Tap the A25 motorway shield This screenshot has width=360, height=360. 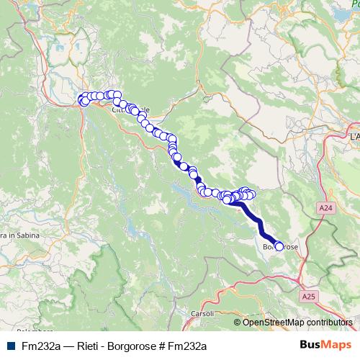[x=309, y=296]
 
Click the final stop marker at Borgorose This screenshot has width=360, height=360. [x=279, y=247]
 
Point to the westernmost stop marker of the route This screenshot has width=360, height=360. [x=81, y=99]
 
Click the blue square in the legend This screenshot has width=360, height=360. [x=10, y=346]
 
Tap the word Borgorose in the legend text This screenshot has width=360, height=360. [x=132, y=346]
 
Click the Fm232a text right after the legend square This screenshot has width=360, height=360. [x=40, y=346]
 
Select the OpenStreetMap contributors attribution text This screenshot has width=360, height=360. [x=297, y=323]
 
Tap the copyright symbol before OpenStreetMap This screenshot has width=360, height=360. [x=238, y=323]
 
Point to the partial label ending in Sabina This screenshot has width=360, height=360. [x=14, y=235]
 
